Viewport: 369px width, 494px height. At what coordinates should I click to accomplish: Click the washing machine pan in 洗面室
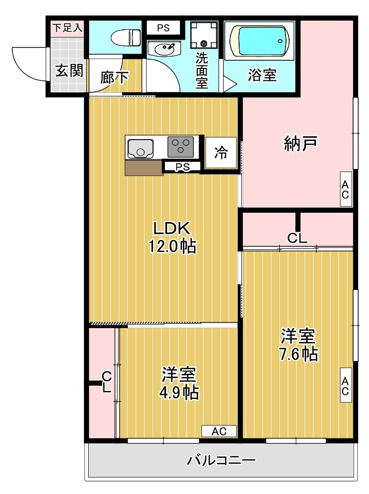(204, 36)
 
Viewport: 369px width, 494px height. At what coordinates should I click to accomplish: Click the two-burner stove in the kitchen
(181, 146)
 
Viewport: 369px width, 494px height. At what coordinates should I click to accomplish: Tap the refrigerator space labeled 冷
(221, 153)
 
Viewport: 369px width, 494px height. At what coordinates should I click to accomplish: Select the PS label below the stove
(181, 167)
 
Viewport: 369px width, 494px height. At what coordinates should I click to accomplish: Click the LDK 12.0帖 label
(172, 237)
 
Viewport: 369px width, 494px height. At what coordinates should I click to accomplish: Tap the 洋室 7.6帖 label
(298, 345)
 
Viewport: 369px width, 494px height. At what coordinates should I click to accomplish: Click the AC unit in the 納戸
(345, 191)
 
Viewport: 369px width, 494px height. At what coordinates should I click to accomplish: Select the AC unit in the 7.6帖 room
(345, 386)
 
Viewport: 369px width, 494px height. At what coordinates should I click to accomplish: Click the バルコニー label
(221, 459)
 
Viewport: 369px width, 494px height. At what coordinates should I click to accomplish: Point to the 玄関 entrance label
(69, 71)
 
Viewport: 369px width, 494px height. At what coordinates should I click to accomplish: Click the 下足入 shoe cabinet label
(67, 28)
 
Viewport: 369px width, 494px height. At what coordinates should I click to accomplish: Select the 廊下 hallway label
(114, 77)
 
